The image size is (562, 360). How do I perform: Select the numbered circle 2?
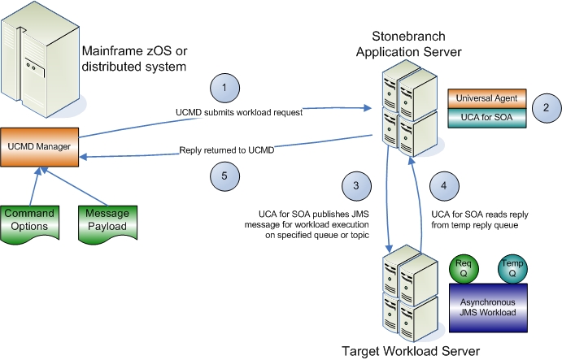546,106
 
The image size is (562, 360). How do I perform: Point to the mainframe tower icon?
38,59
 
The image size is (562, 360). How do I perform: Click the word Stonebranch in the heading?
411,37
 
